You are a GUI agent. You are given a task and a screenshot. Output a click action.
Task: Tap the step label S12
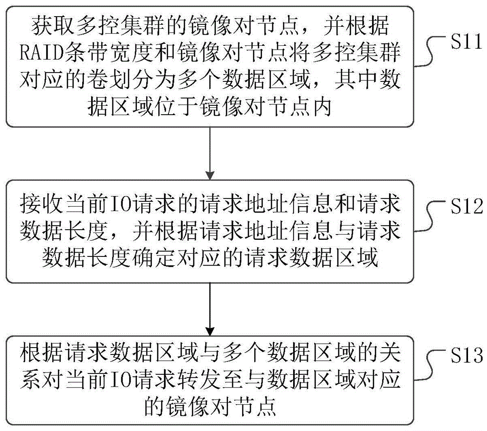tap(463, 208)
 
